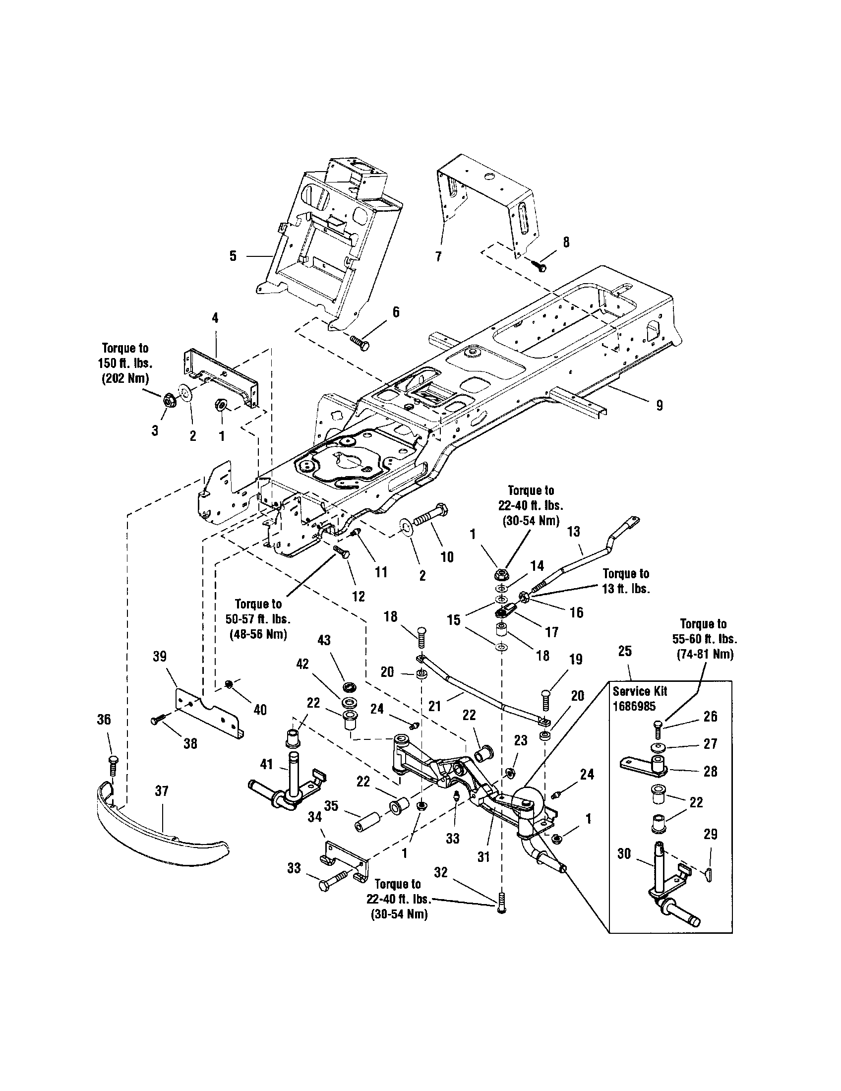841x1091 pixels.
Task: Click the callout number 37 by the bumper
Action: [x=162, y=791]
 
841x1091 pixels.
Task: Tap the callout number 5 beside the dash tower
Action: [x=233, y=256]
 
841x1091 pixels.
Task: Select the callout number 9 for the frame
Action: [x=659, y=406]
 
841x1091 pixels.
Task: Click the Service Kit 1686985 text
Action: [x=640, y=699]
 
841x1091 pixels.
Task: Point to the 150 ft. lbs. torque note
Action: [x=125, y=363]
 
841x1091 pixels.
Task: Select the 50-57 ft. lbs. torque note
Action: [x=258, y=619]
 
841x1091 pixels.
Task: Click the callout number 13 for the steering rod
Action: [x=574, y=532]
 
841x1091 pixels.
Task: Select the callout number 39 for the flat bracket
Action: [x=159, y=656]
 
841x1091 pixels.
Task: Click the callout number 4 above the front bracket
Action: [x=215, y=318]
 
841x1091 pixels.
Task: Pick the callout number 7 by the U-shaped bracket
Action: [x=438, y=256]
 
